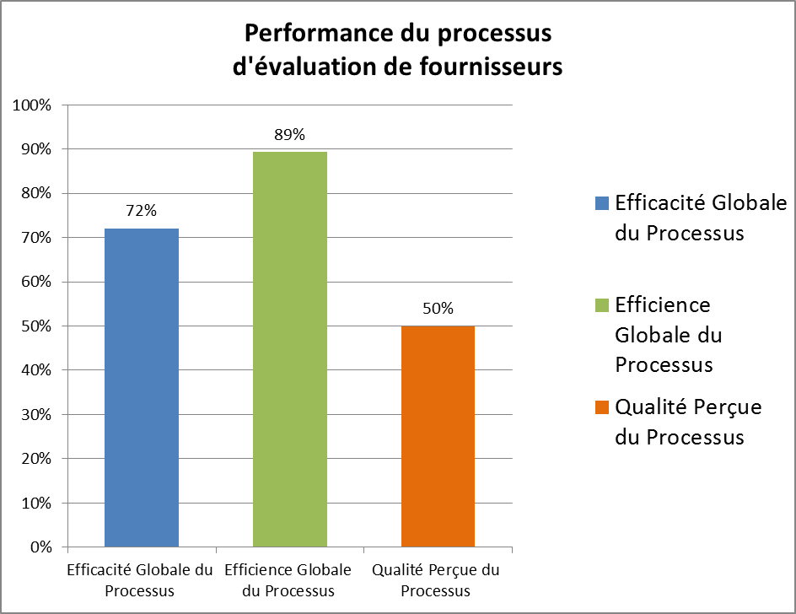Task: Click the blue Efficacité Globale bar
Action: click(x=142, y=388)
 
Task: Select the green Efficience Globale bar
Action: click(x=290, y=349)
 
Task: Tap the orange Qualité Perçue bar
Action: click(x=438, y=436)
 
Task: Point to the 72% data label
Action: click(x=142, y=211)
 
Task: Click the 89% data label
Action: click(x=289, y=134)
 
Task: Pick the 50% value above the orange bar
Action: click(x=438, y=309)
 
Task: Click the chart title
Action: click(x=397, y=50)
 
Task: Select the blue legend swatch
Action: click(x=601, y=203)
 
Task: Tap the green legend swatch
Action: click(x=601, y=304)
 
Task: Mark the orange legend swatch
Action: click(x=601, y=407)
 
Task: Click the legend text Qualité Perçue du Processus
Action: click(x=688, y=422)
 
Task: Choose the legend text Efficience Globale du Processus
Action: click(x=669, y=334)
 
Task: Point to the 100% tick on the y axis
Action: click(x=32, y=105)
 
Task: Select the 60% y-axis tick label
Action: click(x=35, y=282)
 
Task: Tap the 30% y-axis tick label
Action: click(x=35, y=415)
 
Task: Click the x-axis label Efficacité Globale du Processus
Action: click(x=140, y=580)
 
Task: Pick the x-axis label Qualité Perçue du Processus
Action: click(x=435, y=580)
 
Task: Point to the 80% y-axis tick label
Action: click(x=35, y=193)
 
